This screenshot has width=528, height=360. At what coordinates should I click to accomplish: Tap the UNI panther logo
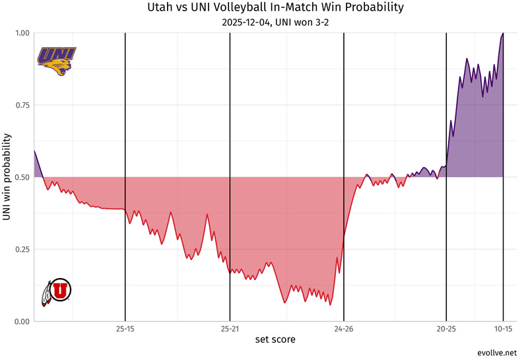(x=57, y=60)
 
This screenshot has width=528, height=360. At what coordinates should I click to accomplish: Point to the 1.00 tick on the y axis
(x=22, y=33)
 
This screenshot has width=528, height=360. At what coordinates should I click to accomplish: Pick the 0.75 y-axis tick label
(x=22, y=105)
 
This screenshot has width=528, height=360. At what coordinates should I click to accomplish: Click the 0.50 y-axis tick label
(x=22, y=177)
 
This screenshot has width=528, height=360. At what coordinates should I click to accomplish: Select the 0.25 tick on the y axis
(x=22, y=249)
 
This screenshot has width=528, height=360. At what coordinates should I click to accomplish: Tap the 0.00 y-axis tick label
(x=22, y=322)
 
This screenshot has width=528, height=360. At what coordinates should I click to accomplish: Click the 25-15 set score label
(x=125, y=328)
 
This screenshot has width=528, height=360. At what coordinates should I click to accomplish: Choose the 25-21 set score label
(x=230, y=328)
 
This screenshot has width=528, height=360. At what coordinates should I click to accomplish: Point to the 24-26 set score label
(x=344, y=328)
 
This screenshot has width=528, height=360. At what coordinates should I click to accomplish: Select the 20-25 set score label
(x=446, y=328)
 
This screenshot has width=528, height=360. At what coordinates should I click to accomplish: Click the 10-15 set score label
(x=504, y=328)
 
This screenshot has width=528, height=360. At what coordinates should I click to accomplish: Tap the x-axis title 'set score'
(x=275, y=340)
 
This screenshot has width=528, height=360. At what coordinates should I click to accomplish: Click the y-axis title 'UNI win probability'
(x=7, y=177)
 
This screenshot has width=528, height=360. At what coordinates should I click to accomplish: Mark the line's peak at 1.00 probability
(x=503, y=34)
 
